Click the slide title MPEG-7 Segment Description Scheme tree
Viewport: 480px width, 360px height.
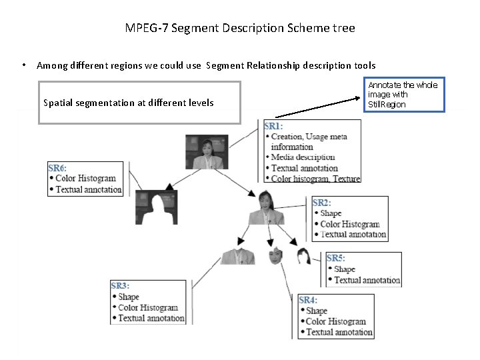tap(240, 28)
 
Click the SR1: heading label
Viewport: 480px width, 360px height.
tap(273, 126)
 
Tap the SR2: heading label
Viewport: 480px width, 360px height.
tap(322, 203)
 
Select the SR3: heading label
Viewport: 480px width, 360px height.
tap(121, 286)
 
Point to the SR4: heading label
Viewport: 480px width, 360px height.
tap(308, 300)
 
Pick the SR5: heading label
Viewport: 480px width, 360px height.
tap(336, 258)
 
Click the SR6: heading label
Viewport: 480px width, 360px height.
tap(59, 168)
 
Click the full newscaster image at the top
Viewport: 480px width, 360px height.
tap(206, 152)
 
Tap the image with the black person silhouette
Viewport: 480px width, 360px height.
tap(156, 207)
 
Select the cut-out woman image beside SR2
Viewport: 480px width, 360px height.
tap(266, 208)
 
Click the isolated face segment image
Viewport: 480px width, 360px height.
tap(276, 255)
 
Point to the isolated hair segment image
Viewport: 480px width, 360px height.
tap(303, 255)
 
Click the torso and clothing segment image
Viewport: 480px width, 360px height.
tap(237, 256)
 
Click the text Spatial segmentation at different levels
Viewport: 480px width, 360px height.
tap(128, 103)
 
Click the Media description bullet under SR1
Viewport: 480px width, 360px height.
tap(303, 157)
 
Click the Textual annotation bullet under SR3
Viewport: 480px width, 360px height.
tap(151, 318)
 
